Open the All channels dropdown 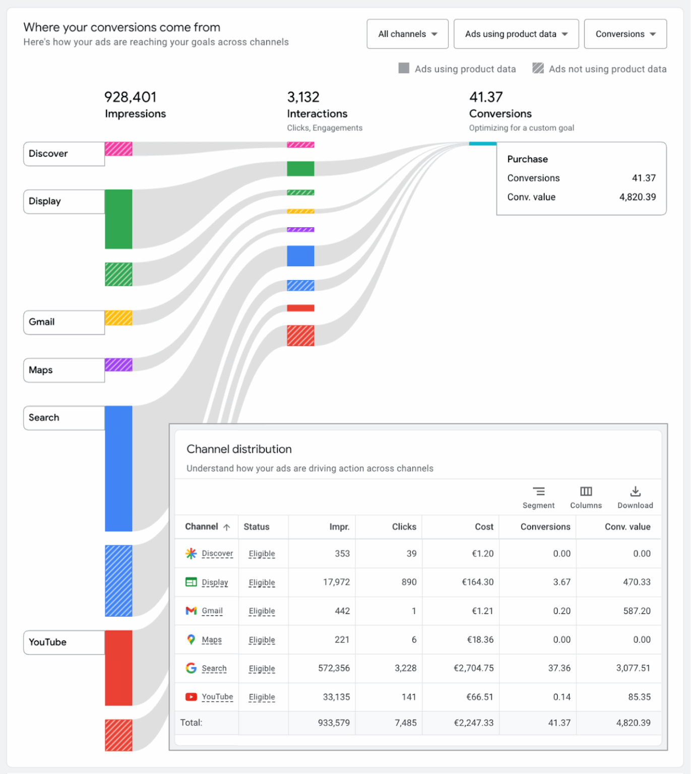click(407, 34)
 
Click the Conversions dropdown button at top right click(625, 34)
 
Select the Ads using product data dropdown click(516, 34)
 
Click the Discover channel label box click(64, 154)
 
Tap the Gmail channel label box click(64, 322)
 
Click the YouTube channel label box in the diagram click(64, 642)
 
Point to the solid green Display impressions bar click(118, 219)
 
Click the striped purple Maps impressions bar click(118, 365)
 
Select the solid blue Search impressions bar click(118, 469)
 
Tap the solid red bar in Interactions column click(300, 308)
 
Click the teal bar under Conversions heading click(482, 144)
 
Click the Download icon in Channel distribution click(635, 491)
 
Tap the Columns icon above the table click(586, 491)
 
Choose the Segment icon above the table click(538, 491)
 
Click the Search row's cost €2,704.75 click(473, 668)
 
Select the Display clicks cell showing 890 click(409, 582)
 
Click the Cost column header click(484, 527)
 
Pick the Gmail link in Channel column click(212, 611)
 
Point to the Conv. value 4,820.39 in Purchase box click(637, 197)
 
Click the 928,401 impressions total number click(130, 97)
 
